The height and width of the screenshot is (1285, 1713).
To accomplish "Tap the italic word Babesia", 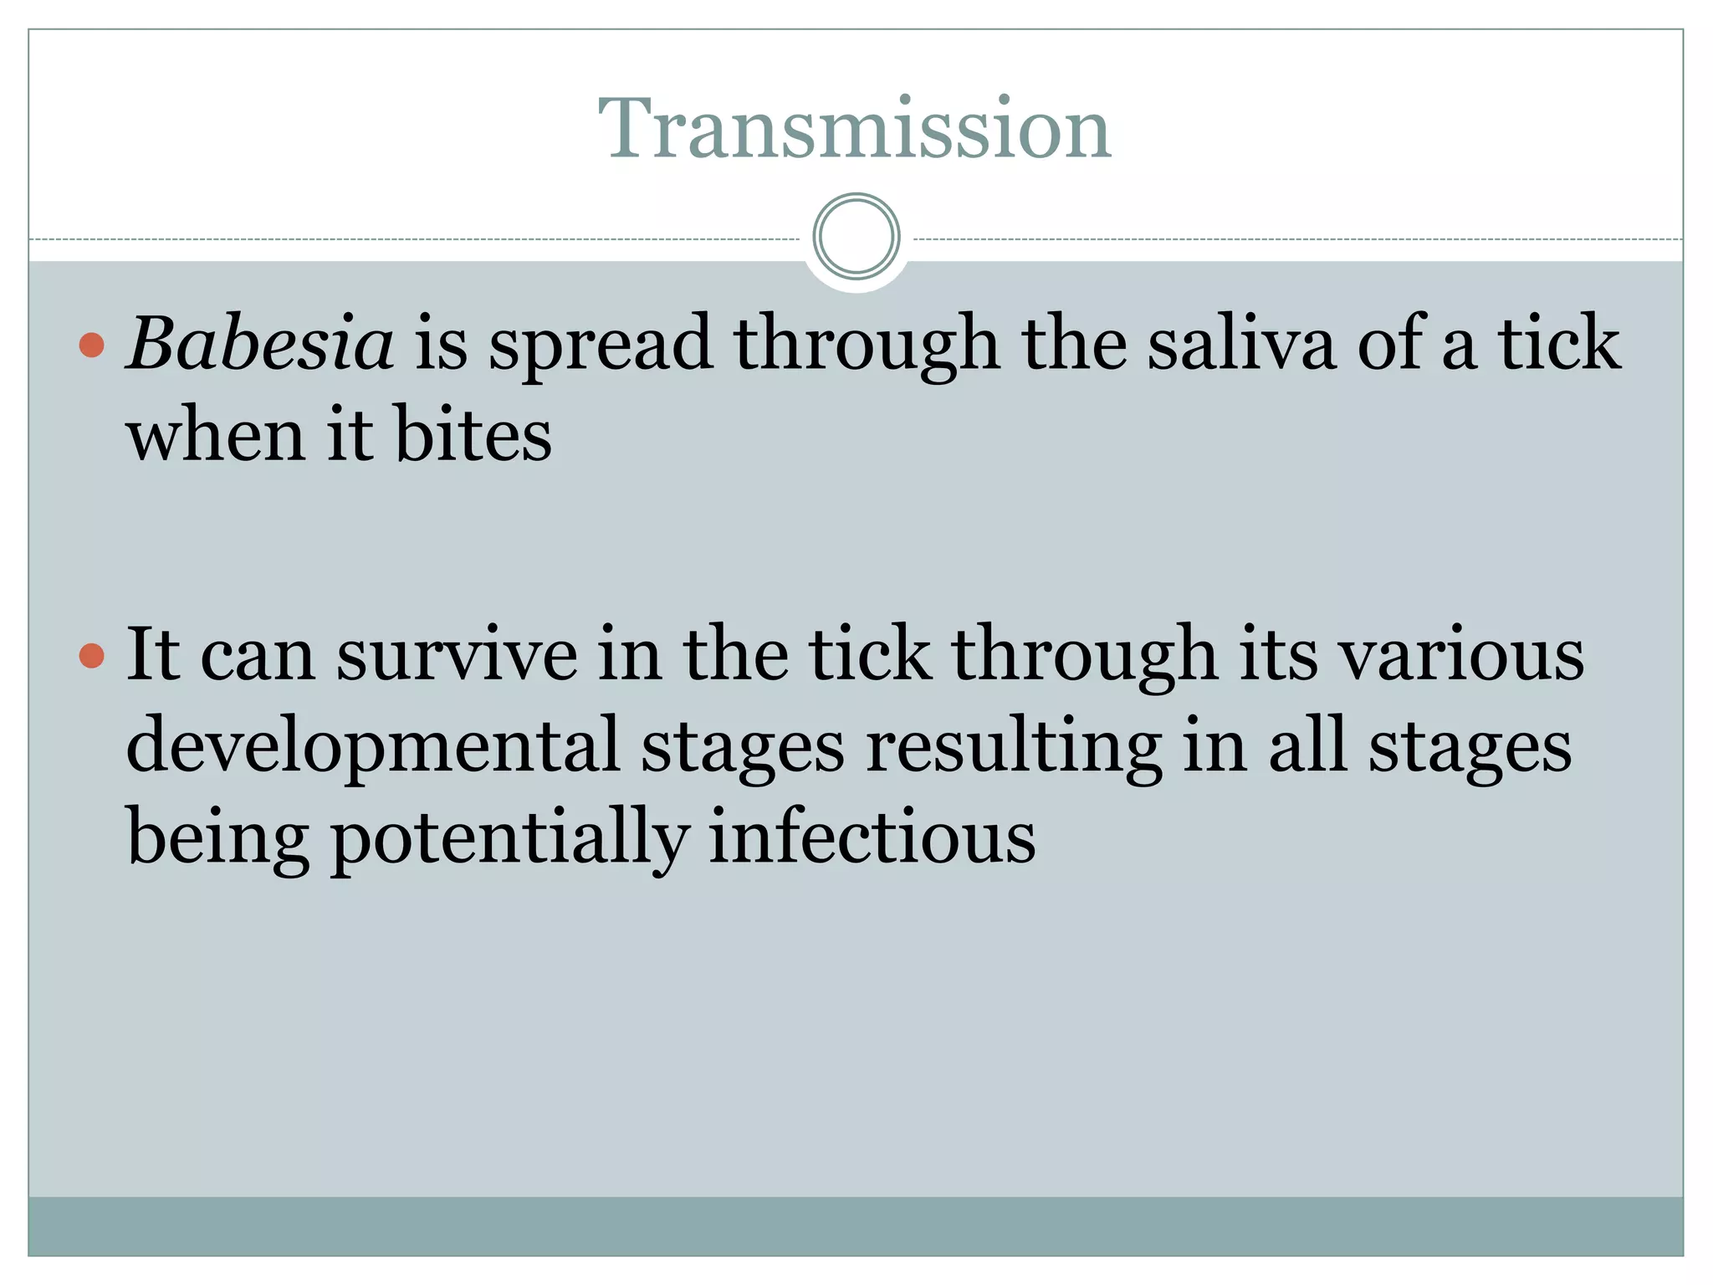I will click(260, 344).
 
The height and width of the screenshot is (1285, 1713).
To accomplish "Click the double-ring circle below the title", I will click(856, 237).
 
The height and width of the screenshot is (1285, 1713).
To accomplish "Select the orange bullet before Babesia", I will click(91, 345).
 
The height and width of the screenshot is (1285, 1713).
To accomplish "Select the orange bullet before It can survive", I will click(91, 656).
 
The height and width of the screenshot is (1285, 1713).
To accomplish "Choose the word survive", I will click(457, 655).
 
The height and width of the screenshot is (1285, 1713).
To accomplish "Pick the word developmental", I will click(373, 747).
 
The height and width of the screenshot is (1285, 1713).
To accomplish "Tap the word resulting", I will click(1013, 747).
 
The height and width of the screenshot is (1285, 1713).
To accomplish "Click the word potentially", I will click(510, 838).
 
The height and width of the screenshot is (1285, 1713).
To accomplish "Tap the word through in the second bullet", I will click(1084, 657).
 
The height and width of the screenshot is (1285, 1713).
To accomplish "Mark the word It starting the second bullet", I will click(152, 655).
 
